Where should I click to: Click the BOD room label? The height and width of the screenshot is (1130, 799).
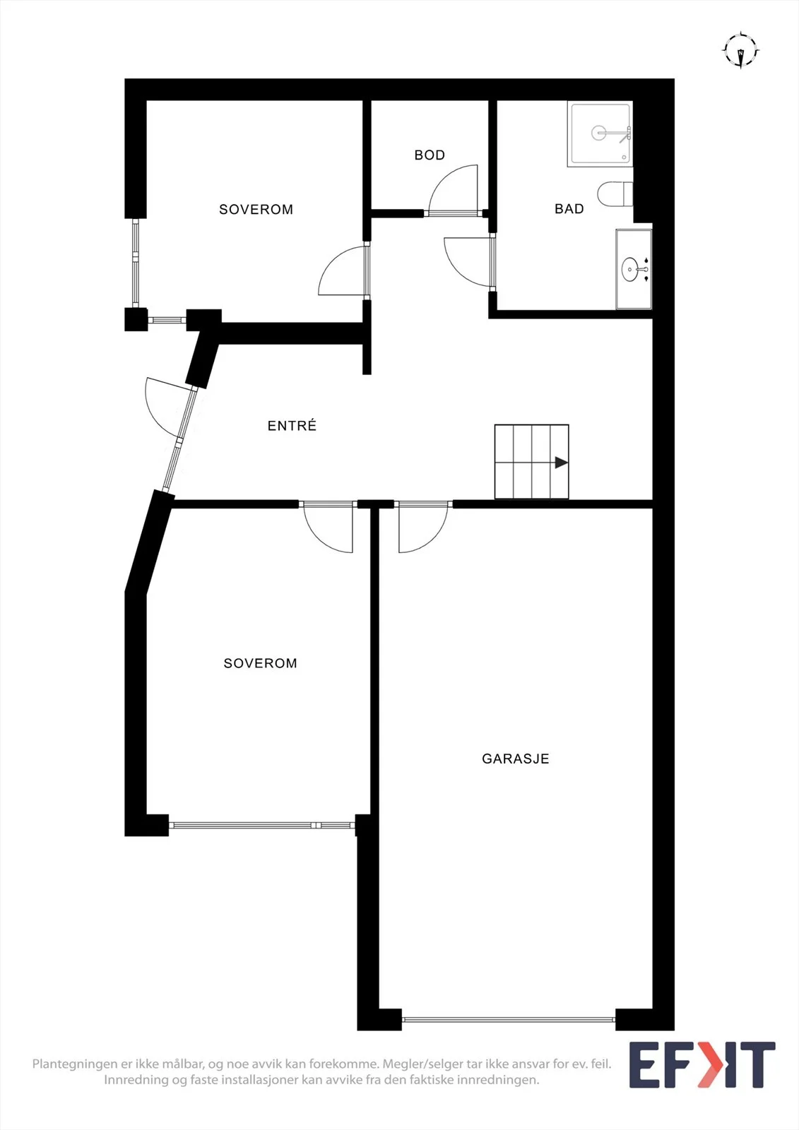(x=430, y=155)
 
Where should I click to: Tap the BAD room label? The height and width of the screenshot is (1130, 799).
(x=569, y=209)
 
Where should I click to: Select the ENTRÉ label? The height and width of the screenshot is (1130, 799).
(x=292, y=425)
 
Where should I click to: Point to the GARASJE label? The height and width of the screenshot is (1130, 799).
(x=515, y=773)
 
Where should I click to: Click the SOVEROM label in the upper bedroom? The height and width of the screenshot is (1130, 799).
(x=256, y=209)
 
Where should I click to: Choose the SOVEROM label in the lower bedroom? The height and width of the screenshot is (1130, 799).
(x=261, y=663)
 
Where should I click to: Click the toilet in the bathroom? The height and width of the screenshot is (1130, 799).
(x=615, y=194)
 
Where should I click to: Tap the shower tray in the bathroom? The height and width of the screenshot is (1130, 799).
(x=600, y=134)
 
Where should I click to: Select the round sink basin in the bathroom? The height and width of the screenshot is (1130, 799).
(x=629, y=269)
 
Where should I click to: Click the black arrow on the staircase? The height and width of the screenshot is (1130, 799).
(x=561, y=463)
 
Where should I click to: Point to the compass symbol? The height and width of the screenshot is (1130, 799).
(x=740, y=50)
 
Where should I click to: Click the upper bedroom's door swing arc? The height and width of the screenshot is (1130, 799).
(x=331, y=262)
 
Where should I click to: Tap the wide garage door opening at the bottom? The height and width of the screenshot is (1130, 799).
(x=509, y=1019)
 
